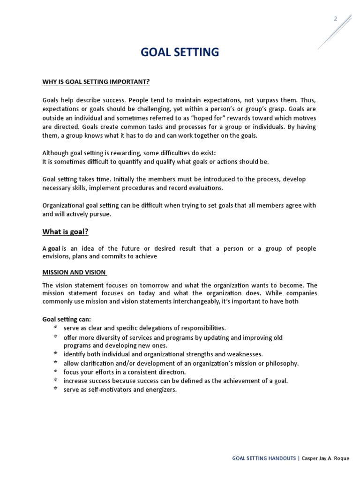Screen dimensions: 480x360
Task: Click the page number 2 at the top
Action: pyautogui.click(x=336, y=19)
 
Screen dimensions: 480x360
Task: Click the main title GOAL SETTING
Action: pyautogui.click(x=180, y=52)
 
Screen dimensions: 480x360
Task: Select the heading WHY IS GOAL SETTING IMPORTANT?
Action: pyautogui.click(x=96, y=82)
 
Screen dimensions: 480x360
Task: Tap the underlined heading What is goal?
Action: pyautogui.click(x=65, y=231)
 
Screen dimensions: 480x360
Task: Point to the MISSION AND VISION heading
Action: pyautogui.click(x=74, y=272)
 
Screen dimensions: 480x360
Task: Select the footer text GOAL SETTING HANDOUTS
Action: pyautogui.click(x=263, y=458)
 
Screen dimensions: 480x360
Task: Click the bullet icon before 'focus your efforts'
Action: pyautogui.click(x=55, y=371)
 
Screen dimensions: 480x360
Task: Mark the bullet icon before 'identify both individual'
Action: pyautogui.click(x=55, y=353)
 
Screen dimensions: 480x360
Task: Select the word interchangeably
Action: pyautogui.click(x=186, y=301)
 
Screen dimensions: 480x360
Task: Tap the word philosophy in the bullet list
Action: pyautogui.click(x=282, y=363)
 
